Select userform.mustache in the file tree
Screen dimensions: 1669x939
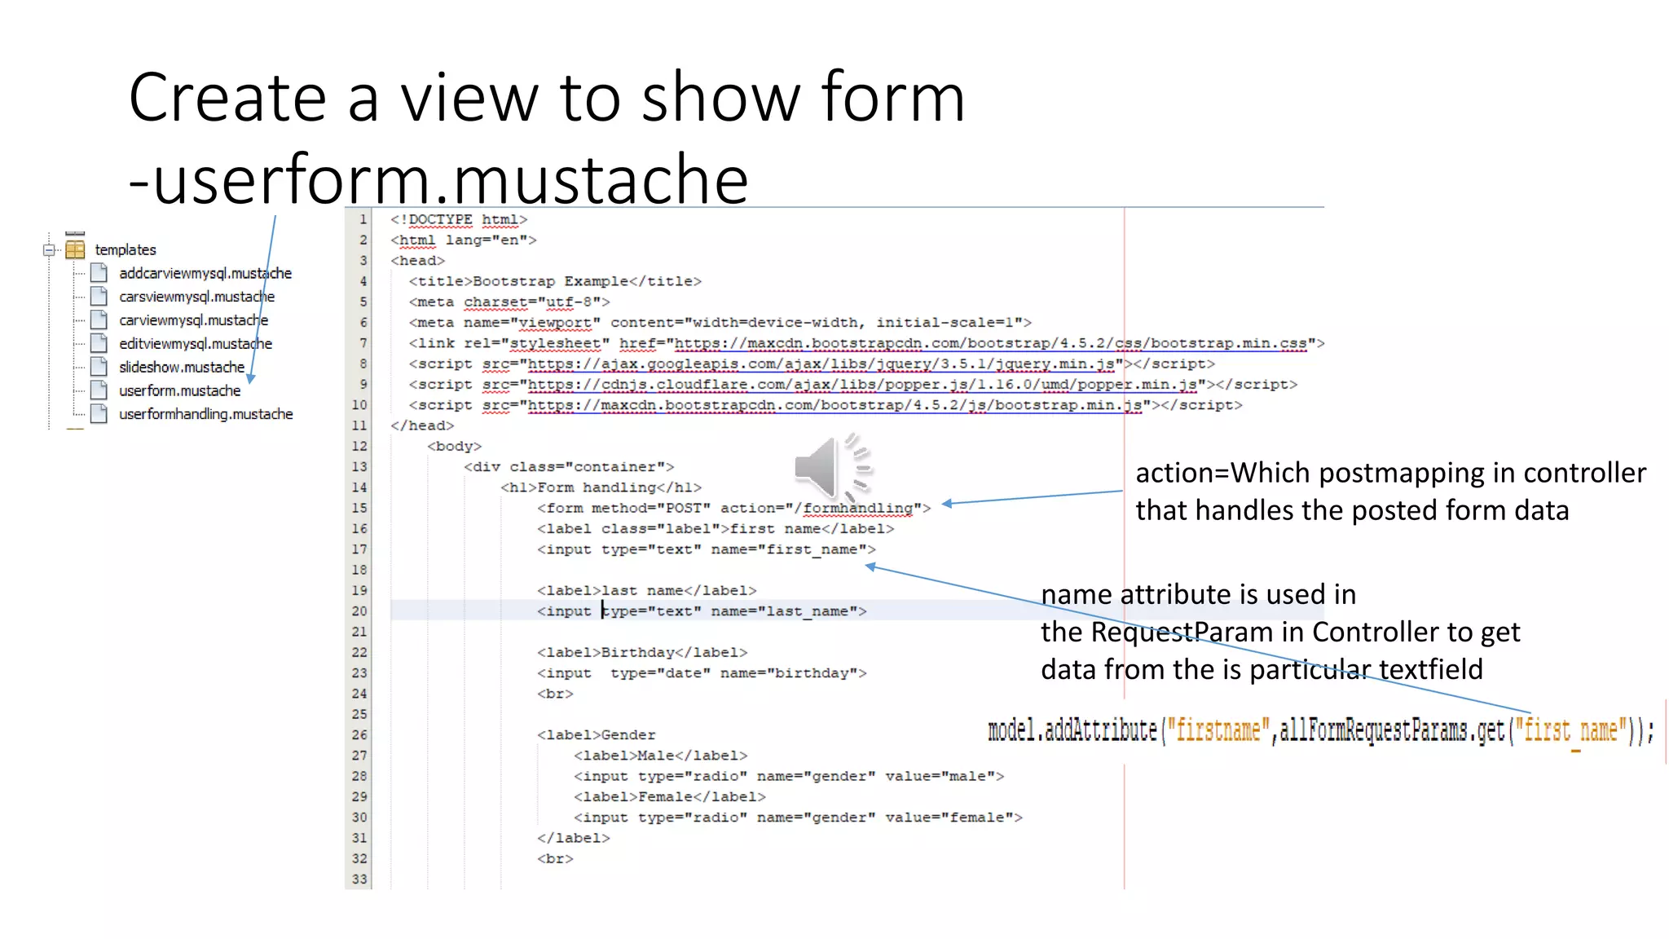179,390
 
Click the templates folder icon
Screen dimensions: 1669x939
75,249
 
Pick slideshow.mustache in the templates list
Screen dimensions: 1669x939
181,367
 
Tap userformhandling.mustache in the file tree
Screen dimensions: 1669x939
205,414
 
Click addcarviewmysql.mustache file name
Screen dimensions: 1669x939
205,273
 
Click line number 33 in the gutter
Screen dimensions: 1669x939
359,879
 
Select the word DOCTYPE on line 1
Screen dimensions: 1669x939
440,219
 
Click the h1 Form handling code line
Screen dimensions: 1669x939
601,487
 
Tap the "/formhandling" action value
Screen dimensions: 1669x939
857,508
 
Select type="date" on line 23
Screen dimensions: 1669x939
660,672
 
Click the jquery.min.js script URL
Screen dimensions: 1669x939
821,364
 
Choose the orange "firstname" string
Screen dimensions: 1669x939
1218,730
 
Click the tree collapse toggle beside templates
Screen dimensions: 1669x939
50,249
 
